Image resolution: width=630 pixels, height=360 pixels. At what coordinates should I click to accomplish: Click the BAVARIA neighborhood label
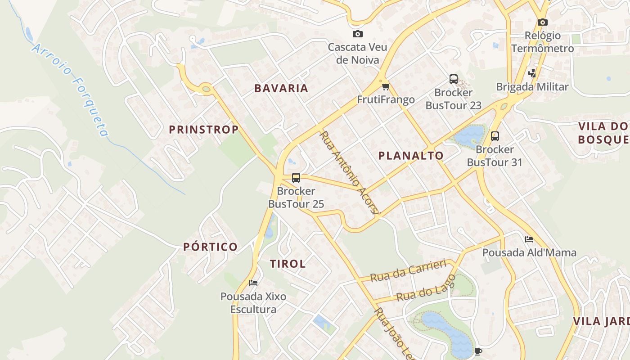[281, 88]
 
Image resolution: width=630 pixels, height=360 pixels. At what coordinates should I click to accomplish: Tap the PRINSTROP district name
[203, 130]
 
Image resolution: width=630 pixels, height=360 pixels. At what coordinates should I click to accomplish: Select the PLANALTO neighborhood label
[410, 156]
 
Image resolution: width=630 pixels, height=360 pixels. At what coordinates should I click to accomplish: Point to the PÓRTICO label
[210, 247]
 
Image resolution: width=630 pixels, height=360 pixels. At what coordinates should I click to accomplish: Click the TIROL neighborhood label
[288, 264]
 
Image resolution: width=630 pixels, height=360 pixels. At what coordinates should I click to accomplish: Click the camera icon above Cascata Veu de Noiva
[357, 34]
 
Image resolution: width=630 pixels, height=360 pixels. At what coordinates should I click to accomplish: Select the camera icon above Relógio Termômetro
[542, 22]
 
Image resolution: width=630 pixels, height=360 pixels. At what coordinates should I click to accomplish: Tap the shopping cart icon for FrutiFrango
[385, 86]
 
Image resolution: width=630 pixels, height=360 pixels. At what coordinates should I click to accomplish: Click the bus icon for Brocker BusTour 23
[453, 79]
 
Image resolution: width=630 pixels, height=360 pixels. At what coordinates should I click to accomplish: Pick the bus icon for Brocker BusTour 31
[495, 136]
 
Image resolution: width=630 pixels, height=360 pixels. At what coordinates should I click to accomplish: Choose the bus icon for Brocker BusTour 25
[296, 177]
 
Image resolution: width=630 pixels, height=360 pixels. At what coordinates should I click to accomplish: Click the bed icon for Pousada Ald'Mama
[529, 239]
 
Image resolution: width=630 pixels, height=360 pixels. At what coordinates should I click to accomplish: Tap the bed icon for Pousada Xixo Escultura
[253, 283]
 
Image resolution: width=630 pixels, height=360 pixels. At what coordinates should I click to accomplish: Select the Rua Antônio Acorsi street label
[350, 172]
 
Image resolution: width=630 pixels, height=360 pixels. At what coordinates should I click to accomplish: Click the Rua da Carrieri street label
[408, 270]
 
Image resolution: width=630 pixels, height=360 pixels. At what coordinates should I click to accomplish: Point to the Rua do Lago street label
[426, 289]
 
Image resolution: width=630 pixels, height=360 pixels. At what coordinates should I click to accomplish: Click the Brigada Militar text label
[532, 87]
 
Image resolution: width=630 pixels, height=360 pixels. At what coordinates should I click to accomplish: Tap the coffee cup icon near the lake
[478, 351]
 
